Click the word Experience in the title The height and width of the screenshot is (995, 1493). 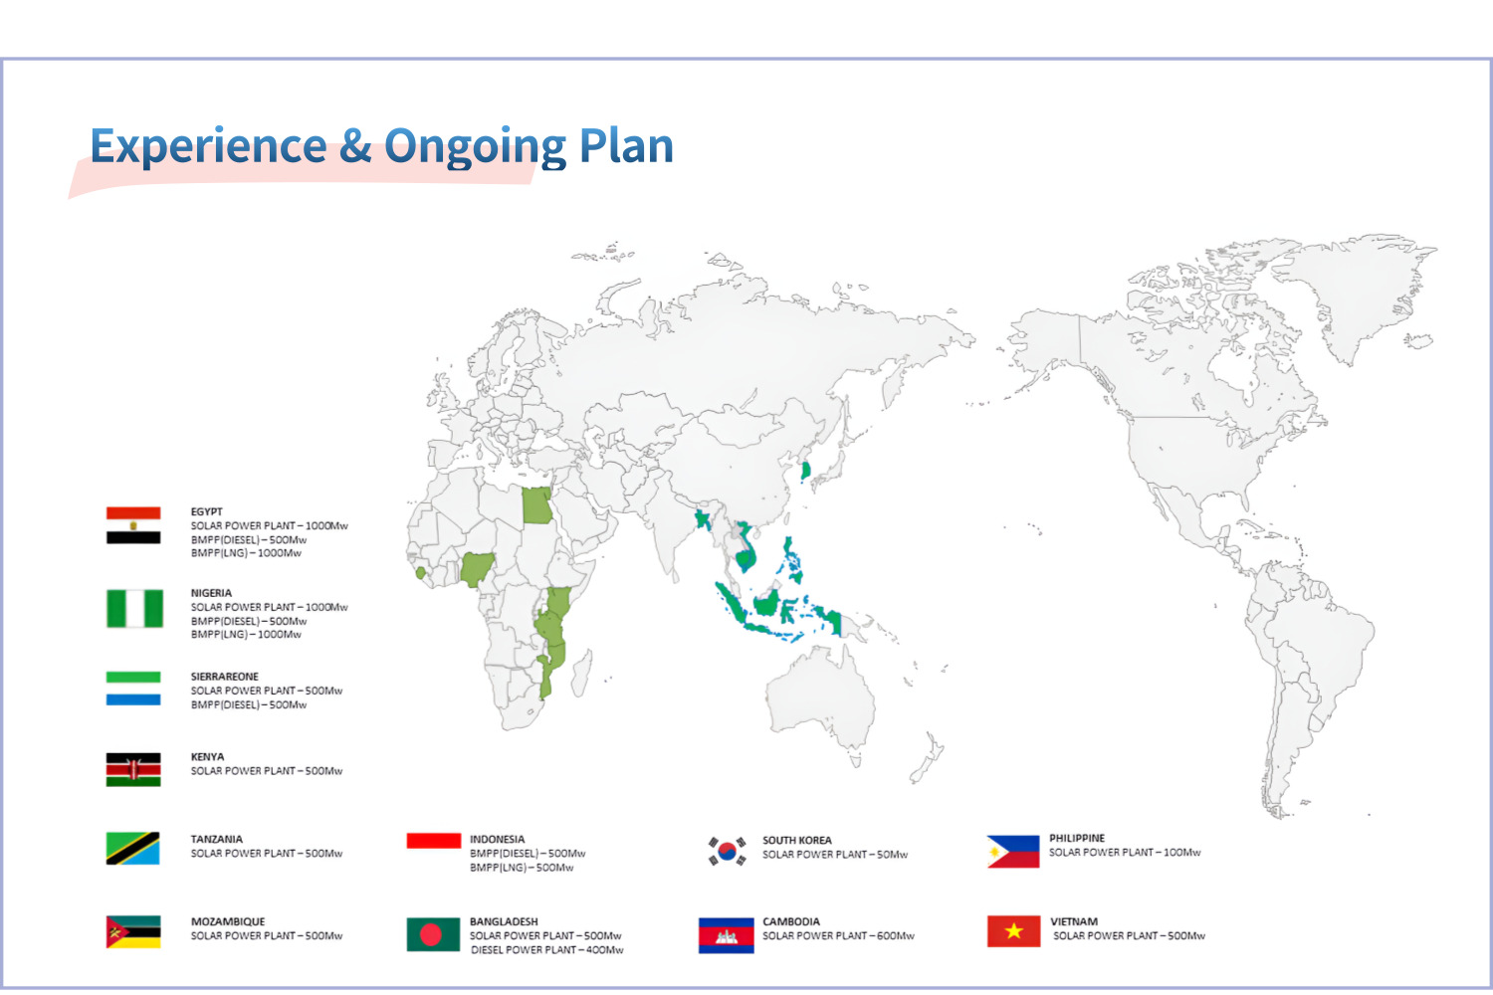[x=209, y=146]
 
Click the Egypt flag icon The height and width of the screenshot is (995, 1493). [x=133, y=525]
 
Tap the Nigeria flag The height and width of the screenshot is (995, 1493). [x=134, y=609]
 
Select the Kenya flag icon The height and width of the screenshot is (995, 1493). [x=133, y=770]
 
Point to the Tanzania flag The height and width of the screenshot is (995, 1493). [x=132, y=849]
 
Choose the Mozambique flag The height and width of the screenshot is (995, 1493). [x=133, y=931]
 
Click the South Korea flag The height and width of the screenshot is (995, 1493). [x=727, y=851]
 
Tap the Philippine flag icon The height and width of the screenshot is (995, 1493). [x=1013, y=852]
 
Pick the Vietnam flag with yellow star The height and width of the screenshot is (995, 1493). [x=1014, y=931]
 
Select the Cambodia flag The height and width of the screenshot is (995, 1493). [x=727, y=935]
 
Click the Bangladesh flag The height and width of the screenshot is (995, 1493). [x=433, y=934]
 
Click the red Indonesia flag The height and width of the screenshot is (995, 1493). [x=434, y=841]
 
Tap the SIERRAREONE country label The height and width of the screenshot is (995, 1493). [x=225, y=677]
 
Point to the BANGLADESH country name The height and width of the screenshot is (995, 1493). [x=504, y=921]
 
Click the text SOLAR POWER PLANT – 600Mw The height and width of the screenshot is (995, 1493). [x=838, y=935]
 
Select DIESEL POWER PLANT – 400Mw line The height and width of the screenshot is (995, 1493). [x=547, y=949]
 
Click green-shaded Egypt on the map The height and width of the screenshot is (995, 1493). [x=536, y=505]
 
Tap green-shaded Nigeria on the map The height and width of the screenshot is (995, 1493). [x=477, y=568]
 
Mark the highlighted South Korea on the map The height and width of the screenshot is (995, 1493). [x=805, y=471]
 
